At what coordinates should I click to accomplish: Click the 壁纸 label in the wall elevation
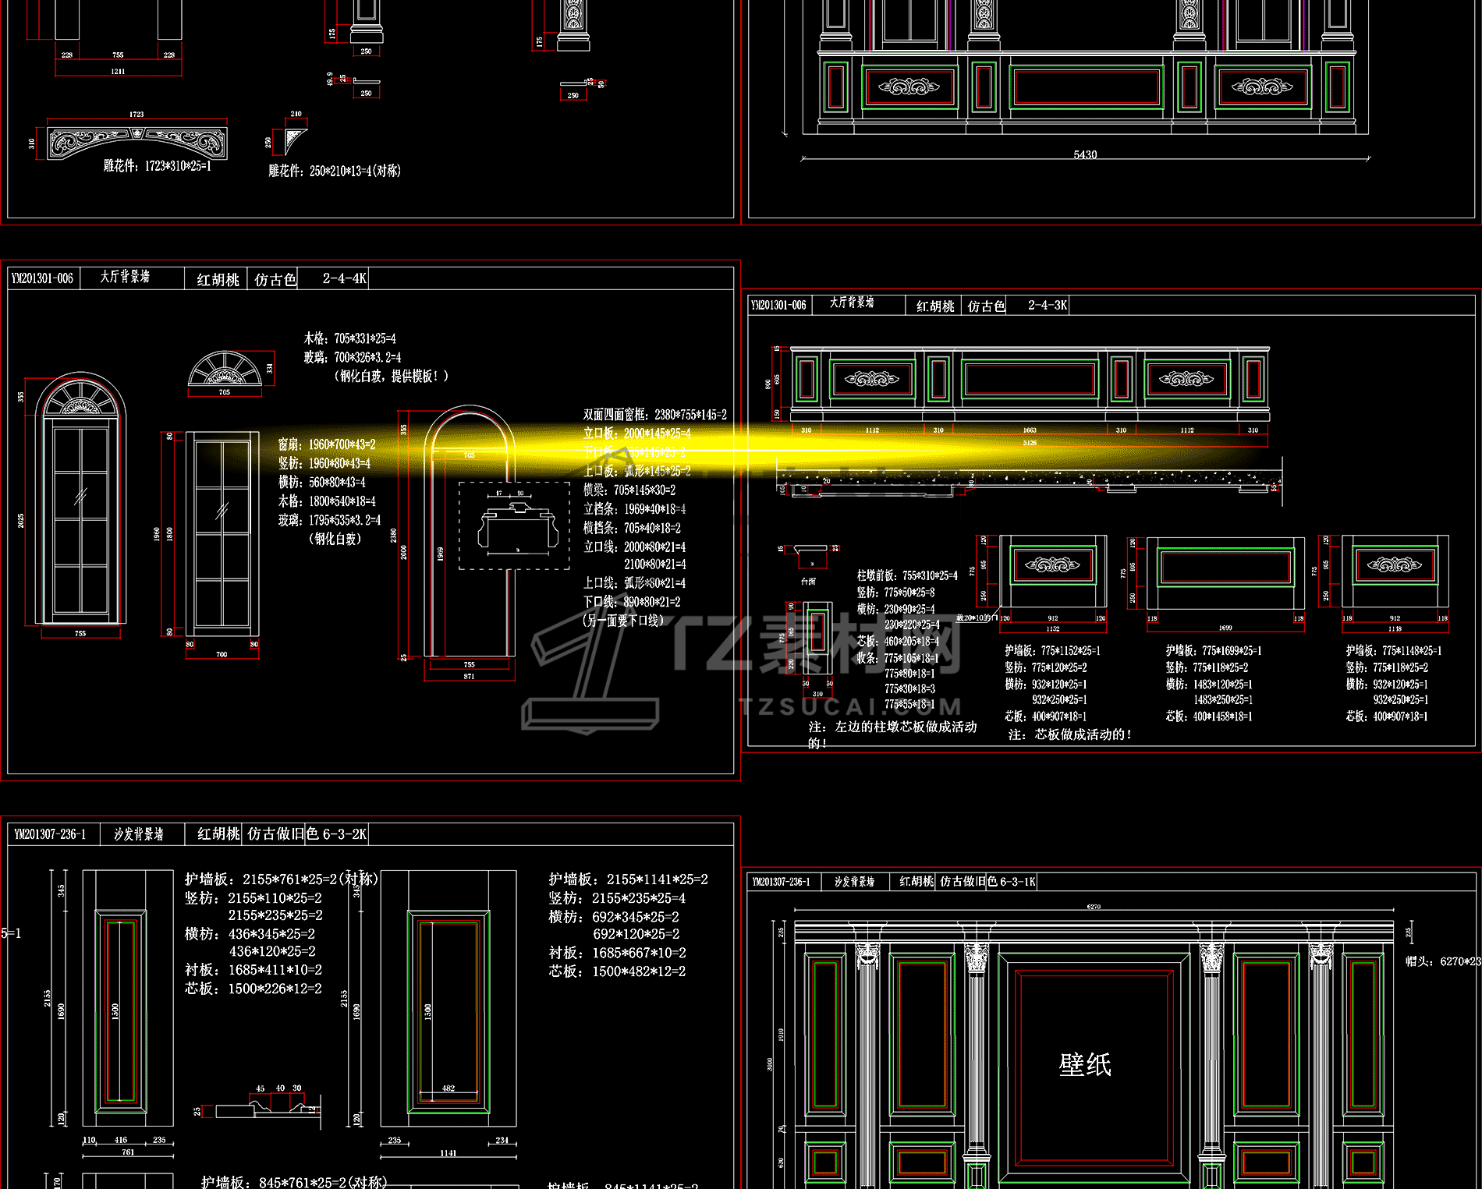[1084, 1064]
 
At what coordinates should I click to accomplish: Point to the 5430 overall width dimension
[1085, 154]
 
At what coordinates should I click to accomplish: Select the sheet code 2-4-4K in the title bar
[344, 278]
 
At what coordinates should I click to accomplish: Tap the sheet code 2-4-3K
[1047, 305]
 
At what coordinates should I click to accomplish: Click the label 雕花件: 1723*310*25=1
[157, 166]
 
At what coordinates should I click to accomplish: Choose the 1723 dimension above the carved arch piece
[136, 115]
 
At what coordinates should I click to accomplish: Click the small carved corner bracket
[295, 141]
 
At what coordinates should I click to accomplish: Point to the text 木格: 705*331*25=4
[349, 338]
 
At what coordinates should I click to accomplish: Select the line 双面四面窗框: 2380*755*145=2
[654, 415]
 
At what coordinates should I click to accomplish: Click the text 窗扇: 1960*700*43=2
[327, 444]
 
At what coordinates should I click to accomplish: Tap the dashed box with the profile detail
[514, 525]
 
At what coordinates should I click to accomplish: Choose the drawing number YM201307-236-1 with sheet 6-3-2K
[50, 834]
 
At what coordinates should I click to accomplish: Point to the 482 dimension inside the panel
[448, 1088]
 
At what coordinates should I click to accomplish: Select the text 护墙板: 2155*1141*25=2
[628, 879]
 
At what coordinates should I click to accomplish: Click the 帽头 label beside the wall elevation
[1420, 961]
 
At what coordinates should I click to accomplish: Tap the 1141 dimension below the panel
[448, 1153]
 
